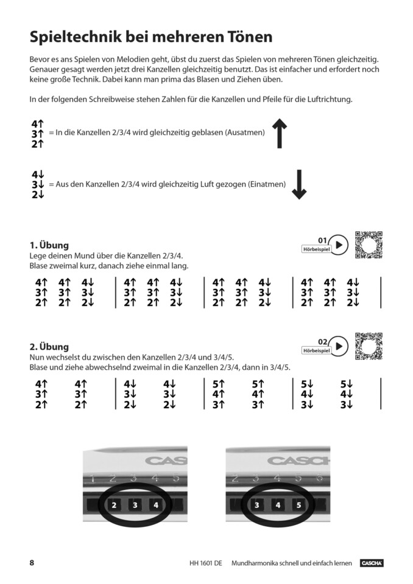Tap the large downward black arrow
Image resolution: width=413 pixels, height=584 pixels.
click(x=298, y=184)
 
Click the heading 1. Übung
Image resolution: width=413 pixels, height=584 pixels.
click(x=49, y=245)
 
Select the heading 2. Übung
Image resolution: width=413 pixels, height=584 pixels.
click(x=49, y=347)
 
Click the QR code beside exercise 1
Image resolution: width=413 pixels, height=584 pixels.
click(x=369, y=245)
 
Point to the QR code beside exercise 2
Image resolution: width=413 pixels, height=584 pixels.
click(x=369, y=346)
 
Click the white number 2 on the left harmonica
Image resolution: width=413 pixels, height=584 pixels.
click(x=115, y=504)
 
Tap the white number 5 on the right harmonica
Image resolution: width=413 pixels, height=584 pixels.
click(x=298, y=504)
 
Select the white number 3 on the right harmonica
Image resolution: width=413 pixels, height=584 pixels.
click(x=257, y=504)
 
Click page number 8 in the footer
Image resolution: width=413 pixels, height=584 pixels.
click(x=32, y=563)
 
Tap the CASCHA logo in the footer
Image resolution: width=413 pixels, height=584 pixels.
click(x=371, y=563)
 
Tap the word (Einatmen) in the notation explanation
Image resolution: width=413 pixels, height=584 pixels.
click(x=266, y=183)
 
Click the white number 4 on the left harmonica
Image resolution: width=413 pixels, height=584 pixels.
click(x=156, y=504)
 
